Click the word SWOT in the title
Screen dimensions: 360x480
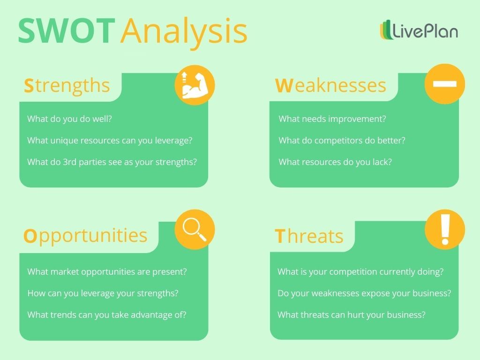pos(66,31)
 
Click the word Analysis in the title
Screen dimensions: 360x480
pos(183,31)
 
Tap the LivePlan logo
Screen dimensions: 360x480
pos(419,31)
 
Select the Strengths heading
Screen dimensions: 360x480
pos(67,86)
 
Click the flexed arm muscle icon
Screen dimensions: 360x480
pos(195,85)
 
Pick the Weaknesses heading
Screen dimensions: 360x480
pos(330,86)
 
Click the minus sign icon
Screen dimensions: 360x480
pos(444,84)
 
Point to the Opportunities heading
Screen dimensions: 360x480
pos(85,236)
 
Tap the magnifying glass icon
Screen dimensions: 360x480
pos(195,229)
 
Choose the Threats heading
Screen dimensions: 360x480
pos(309,236)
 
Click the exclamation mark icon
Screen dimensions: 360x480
pos(445,229)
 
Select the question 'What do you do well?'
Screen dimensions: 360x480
pos(69,119)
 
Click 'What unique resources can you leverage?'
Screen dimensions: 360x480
pos(110,140)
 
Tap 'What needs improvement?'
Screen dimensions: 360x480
pos(332,119)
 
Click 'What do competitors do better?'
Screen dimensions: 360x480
pos(342,140)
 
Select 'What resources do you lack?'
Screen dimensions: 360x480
pos(335,162)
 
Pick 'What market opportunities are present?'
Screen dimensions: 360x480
pos(107,271)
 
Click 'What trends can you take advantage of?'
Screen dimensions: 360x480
pos(107,315)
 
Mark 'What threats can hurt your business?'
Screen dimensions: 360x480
pos(352,315)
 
